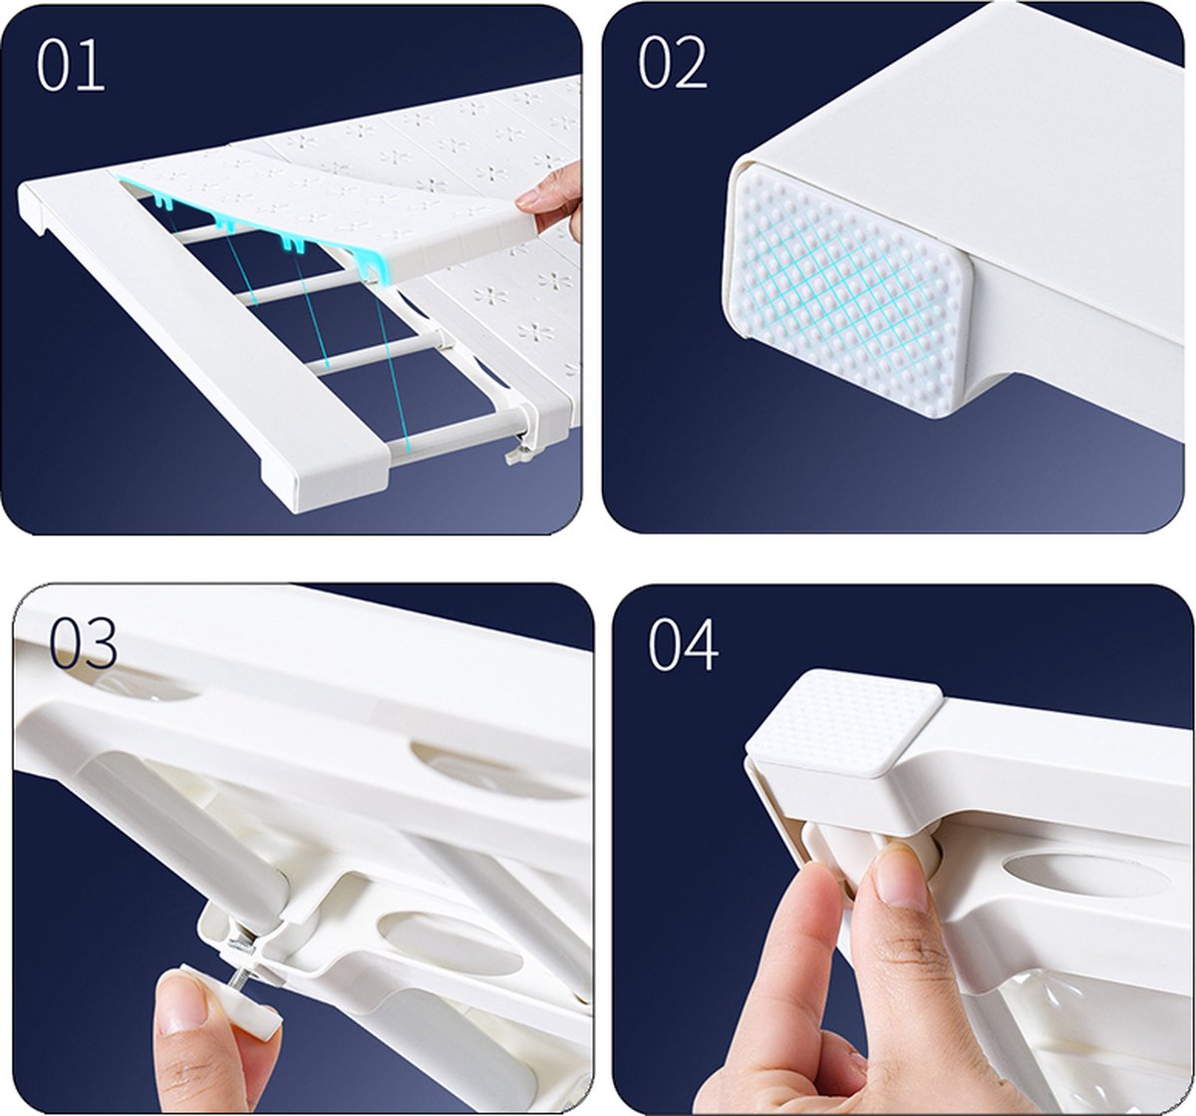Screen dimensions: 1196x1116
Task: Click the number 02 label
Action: click(x=672, y=62)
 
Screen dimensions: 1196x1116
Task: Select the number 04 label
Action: click(x=683, y=644)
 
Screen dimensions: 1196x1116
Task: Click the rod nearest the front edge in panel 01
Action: click(x=454, y=430)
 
